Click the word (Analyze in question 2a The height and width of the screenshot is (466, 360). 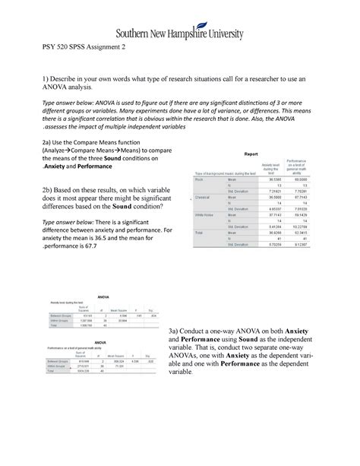click(47, 152)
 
